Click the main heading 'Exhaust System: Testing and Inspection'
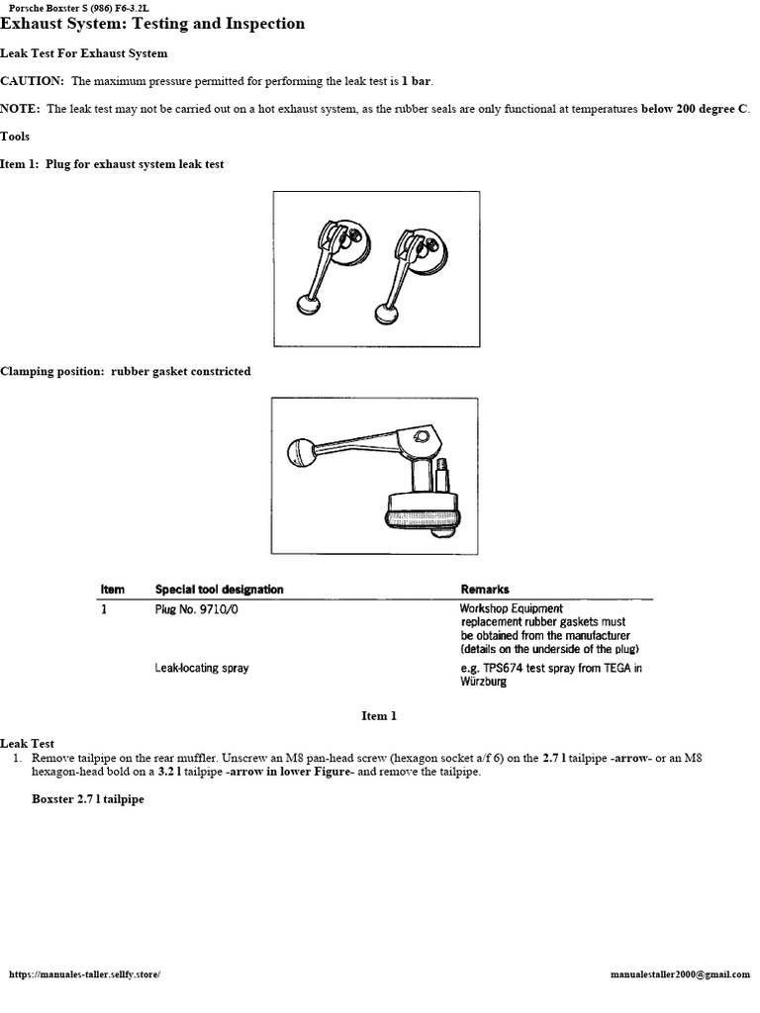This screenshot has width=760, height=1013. pyautogui.click(x=152, y=24)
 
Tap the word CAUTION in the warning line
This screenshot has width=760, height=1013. pyautogui.click(x=33, y=81)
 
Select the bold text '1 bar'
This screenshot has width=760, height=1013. pyautogui.click(x=417, y=81)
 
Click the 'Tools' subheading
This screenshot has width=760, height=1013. pyautogui.click(x=15, y=137)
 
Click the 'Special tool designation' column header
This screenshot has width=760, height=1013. pyautogui.click(x=219, y=590)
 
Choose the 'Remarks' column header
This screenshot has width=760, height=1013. pyautogui.click(x=485, y=590)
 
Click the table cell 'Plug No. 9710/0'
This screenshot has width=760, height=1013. pyautogui.click(x=197, y=609)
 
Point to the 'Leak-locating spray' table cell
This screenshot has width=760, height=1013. pyautogui.click(x=202, y=669)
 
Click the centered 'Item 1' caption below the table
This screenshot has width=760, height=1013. pyautogui.click(x=379, y=715)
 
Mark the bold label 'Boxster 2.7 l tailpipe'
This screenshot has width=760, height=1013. pyautogui.click(x=88, y=798)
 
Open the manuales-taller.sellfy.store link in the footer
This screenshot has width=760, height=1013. pyautogui.click(x=84, y=974)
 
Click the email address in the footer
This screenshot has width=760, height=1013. pyautogui.click(x=681, y=974)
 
